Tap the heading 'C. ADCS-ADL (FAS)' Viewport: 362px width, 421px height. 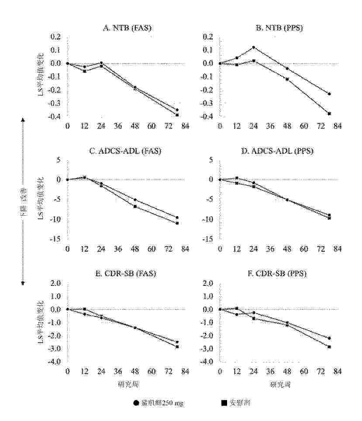coord(125,152)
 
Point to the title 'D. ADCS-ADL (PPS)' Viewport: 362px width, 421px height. coord(279,152)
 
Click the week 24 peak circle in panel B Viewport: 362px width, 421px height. coord(254,47)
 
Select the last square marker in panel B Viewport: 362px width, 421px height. coord(329,113)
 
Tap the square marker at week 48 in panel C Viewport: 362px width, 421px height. coord(135,206)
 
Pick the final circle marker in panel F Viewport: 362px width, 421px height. coord(329,338)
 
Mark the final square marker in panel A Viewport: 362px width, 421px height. coord(177,115)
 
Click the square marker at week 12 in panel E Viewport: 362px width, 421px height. coord(85,309)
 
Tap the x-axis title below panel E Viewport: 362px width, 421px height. coord(127,385)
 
